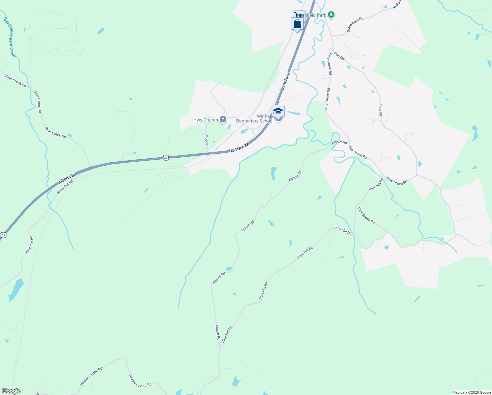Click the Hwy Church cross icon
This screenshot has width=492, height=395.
(223, 119)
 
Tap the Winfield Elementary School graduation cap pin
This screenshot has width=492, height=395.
(278, 111)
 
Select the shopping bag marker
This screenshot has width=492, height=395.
(297, 24)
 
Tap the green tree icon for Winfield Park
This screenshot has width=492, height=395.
(332, 15)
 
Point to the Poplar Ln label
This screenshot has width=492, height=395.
(207, 143)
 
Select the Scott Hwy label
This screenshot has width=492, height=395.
(285, 82)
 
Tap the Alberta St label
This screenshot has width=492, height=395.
(67, 179)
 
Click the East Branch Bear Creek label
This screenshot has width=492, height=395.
(10, 37)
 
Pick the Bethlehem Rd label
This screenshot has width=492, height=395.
(355, 25)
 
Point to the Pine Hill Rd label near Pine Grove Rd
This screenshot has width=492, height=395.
(376, 184)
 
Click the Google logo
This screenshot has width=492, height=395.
(11, 391)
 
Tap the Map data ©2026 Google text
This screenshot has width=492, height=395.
(472, 392)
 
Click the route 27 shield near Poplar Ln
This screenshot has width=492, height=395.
(166, 158)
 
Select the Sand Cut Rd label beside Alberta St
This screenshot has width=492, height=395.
(65, 187)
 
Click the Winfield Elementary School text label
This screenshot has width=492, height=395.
(254, 118)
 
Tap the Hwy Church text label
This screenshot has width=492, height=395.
(206, 120)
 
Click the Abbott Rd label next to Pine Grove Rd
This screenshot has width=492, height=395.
(339, 143)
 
